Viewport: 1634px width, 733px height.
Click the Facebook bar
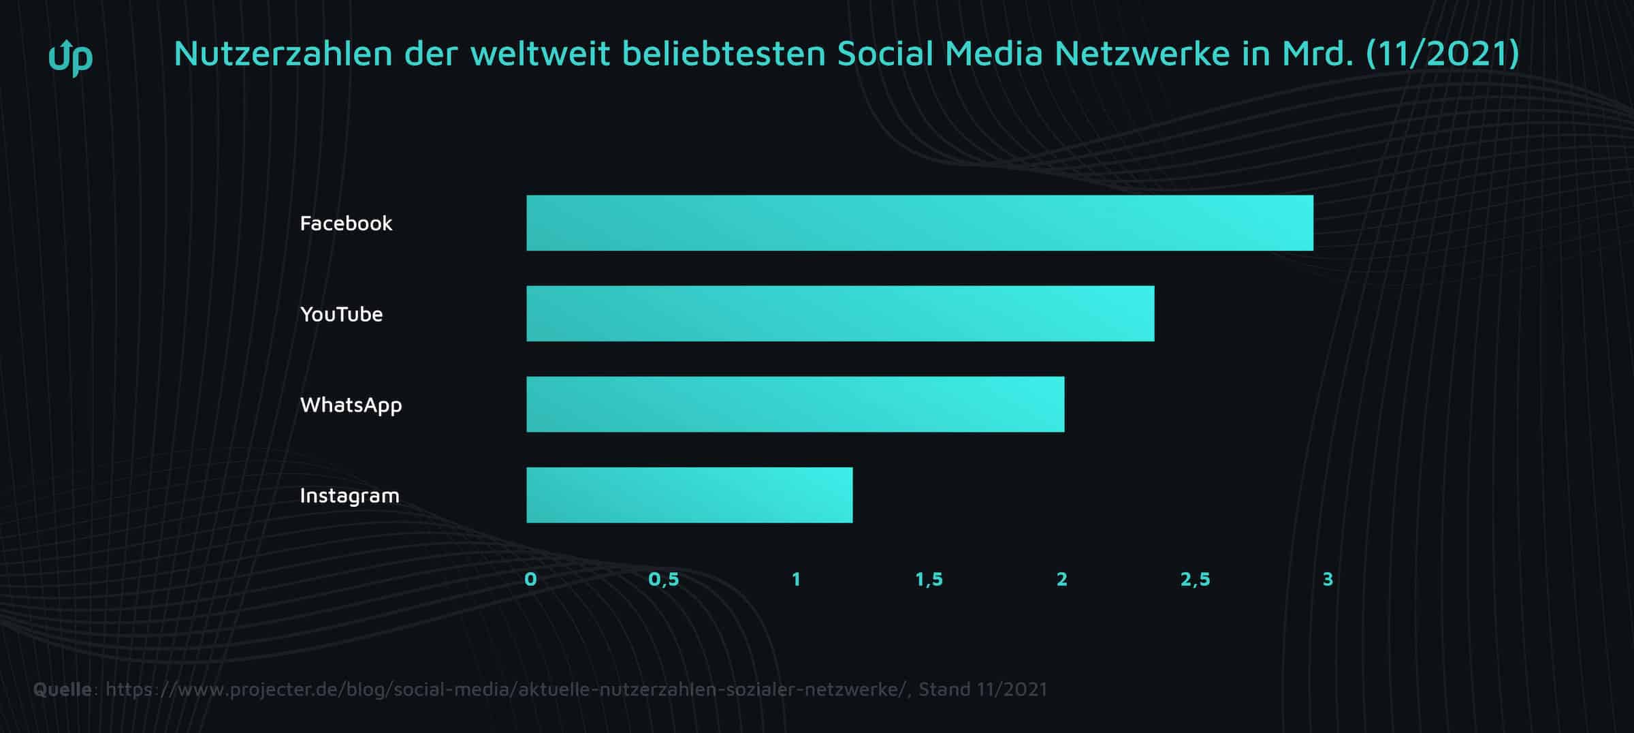coord(919,223)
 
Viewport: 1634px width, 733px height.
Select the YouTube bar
coord(840,313)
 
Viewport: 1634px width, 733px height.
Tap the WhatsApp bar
coord(795,404)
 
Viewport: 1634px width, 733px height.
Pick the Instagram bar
coord(689,495)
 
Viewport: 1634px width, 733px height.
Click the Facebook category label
coord(346,223)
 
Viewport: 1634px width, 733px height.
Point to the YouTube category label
coord(341,314)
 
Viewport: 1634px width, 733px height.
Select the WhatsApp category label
coord(351,405)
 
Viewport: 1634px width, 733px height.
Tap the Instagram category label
coord(349,495)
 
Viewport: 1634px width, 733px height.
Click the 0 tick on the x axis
coord(530,579)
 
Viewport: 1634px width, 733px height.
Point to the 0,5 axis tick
coord(663,579)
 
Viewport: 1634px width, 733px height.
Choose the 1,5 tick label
coord(929,579)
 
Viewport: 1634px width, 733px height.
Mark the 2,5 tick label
coord(1195,579)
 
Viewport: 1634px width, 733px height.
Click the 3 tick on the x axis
coord(1327,579)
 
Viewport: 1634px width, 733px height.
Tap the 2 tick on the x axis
coord(1061,579)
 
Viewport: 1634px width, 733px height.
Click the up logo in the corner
coord(71,57)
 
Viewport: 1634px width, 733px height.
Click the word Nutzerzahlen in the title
coord(283,54)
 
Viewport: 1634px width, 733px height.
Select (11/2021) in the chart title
coord(1442,54)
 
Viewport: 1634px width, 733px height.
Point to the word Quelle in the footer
coord(63,689)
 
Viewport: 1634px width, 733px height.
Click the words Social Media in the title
coord(939,54)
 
